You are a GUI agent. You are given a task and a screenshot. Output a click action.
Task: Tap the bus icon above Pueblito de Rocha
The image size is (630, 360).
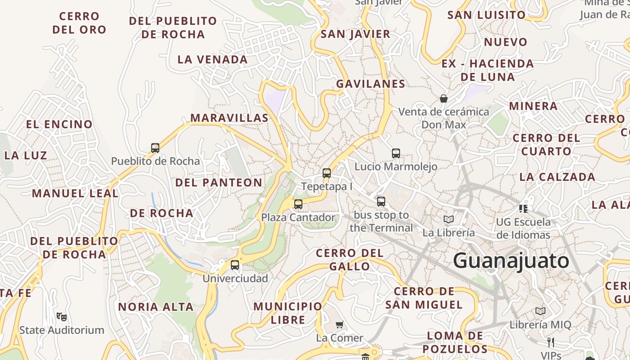(155, 148)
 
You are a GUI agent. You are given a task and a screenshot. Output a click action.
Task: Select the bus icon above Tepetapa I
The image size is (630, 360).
(327, 173)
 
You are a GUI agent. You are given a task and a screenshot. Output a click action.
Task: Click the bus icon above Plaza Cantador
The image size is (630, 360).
(298, 204)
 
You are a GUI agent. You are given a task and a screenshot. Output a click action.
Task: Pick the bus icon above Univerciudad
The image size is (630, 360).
(235, 265)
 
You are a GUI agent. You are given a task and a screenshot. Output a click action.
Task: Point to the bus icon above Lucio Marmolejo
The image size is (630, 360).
(396, 153)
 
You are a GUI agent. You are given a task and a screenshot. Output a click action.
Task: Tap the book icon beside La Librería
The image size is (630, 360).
(449, 219)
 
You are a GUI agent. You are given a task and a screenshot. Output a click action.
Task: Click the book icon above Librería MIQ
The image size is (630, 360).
(540, 311)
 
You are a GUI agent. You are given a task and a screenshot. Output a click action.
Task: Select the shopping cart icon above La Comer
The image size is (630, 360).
(340, 324)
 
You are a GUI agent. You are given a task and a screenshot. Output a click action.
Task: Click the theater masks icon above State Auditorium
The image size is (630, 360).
(62, 316)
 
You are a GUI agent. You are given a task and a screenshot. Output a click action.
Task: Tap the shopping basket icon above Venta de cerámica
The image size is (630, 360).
(444, 98)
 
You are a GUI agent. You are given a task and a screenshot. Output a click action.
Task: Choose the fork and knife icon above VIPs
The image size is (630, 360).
(550, 342)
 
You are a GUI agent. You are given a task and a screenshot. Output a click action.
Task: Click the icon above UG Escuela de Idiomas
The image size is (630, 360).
(523, 208)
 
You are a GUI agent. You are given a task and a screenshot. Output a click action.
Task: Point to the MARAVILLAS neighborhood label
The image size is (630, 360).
(229, 118)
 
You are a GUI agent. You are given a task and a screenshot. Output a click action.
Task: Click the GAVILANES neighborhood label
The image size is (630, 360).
(371, 84)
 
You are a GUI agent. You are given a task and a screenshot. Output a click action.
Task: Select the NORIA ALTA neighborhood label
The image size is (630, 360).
(156, 307)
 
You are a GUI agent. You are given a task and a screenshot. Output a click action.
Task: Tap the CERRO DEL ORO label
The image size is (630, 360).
(79, 23)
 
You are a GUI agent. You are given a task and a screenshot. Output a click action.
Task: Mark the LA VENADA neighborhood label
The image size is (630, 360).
(212, 59)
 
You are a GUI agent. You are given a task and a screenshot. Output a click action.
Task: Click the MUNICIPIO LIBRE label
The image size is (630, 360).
(288, 313)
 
